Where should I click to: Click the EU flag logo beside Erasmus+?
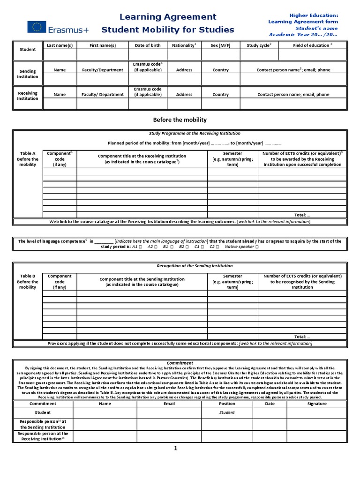click(x=36, y=28)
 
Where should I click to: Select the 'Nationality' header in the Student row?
click(x=184, y=45)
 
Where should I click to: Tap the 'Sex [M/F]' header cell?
click(x=220, y=45)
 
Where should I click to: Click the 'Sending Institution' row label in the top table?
click(x=28, y=73)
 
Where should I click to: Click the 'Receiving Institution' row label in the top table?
click(x=28, y=96)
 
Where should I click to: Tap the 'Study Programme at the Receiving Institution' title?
click(x=195, y=134)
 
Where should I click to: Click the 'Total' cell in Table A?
click(x=302, y=214)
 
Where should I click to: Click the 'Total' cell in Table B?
click(x=302, y=337)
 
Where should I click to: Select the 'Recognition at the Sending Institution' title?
click(x=195, y=266)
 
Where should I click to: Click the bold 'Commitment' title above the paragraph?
click(x=180, y=363)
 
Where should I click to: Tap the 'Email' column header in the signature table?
click(x=169, y=403)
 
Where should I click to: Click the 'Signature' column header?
click(x=317, y=403)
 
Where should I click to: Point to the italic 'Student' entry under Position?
click(x=227, y=412)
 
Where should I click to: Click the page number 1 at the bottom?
click(x=176, y=449)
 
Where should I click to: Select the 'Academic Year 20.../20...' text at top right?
click(x=303, y=34)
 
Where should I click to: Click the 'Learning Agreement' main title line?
click(x=168, y=17)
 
